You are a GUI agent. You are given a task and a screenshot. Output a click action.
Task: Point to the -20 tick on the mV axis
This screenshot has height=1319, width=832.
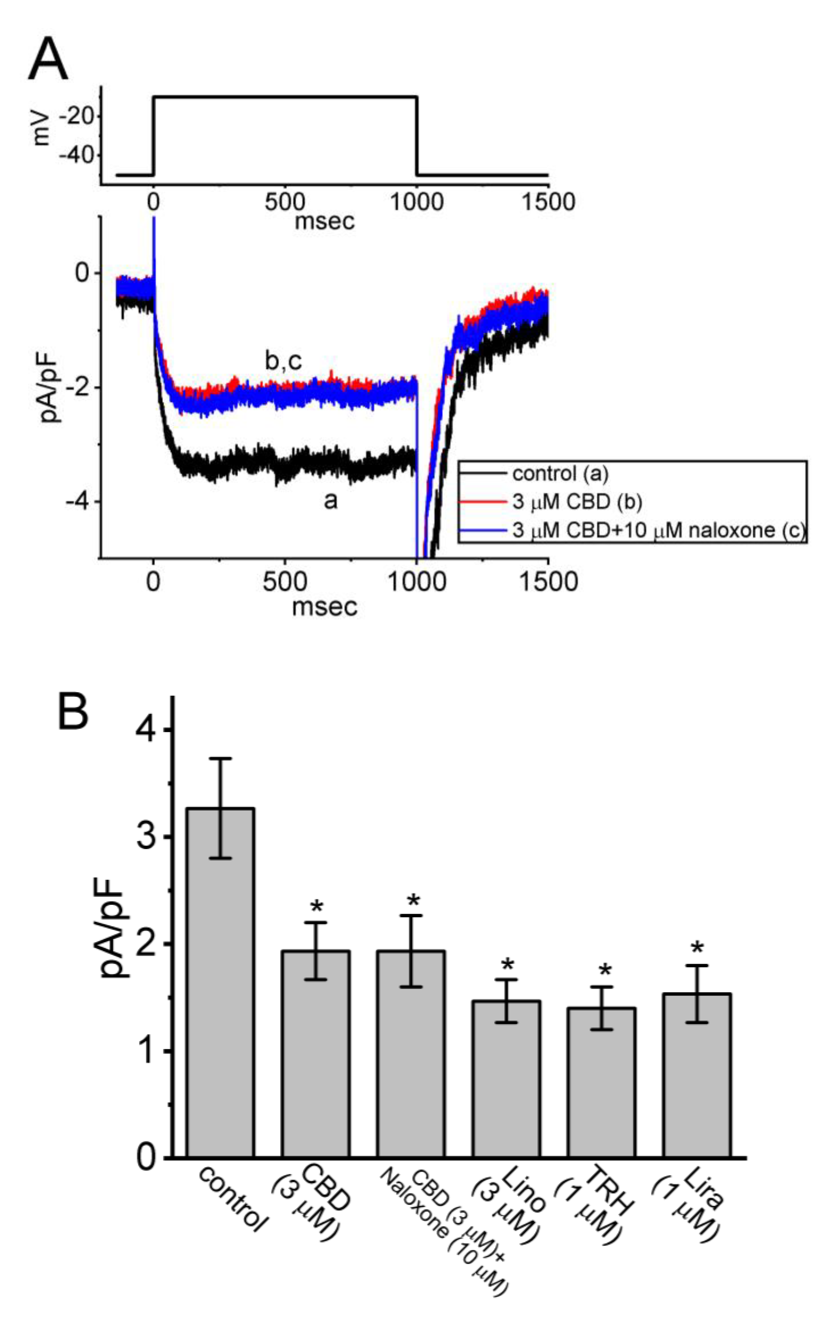81,117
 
